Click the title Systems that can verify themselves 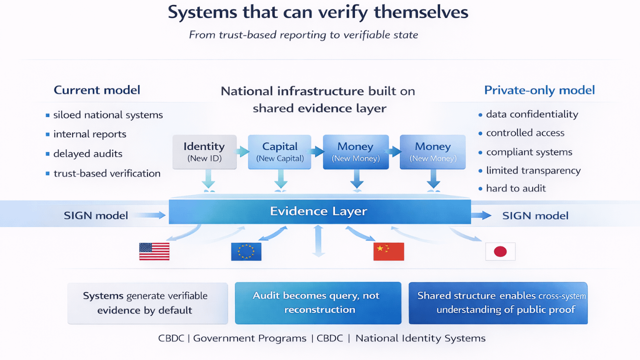(318, 12)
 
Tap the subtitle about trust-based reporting (303, 35)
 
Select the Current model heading (97, 90)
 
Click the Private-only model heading (539, 90)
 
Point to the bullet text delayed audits (88, 153)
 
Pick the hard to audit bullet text (516, 188)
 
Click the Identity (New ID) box (204, 151)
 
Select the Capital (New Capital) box (280, 151)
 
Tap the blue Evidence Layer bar (319, 211)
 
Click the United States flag (154, 251)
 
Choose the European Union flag (246, 251)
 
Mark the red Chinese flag (388, 251)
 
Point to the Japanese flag (500, 251)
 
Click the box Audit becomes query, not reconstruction (318, 303)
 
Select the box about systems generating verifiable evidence (147, 303)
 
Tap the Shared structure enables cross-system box (498, 303)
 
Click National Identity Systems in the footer (420, 338)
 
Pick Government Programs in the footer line (249, 338)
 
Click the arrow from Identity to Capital (242, 151)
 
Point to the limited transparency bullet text (533, 170)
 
